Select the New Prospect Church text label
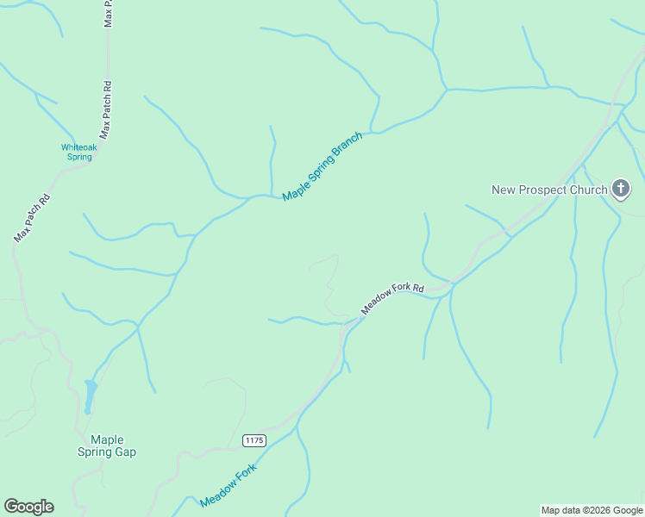(x=548, y=190)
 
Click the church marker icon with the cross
(x=620, y=189)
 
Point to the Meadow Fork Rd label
(x=393, y=299)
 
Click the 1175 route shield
(x=254, y=440)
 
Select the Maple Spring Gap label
(x=107, y=445)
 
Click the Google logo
(x=29, y=507)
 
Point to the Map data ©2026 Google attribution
(x=592, y=510)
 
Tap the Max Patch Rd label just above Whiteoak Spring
(x=106, y=110)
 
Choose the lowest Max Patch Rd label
(x=32, y=217)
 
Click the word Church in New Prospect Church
(x=588, y=190)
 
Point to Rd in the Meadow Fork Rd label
(x=418, y=287)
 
